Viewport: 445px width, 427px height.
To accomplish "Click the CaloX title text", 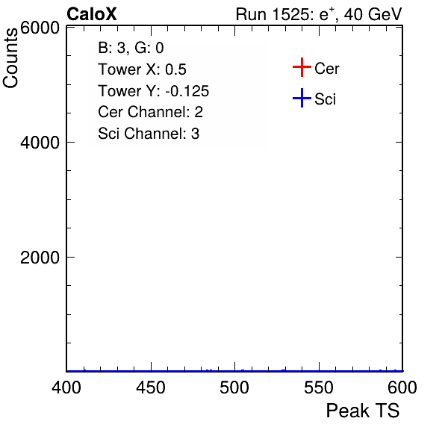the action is tap(91, 14).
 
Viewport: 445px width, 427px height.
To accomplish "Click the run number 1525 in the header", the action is tap(290, 14).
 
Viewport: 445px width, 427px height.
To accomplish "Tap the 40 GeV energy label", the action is tap(373, 14).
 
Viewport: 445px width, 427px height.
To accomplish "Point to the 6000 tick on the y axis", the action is tap(40, 28).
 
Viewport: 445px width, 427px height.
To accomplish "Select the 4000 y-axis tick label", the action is tap(40, 143).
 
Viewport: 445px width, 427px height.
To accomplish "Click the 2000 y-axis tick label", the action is tap(40, 258).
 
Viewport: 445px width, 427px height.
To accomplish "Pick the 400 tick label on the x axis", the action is tap(66, 387).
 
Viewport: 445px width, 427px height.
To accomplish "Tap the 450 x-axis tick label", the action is tap(151, 387).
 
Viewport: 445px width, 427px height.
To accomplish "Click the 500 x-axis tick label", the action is tap(234, 387).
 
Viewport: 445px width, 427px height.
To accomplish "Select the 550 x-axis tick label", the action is tap(319, 387).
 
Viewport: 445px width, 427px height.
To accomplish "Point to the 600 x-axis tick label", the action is tap(402, 387).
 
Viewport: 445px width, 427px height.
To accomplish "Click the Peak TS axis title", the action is tap(363, 411).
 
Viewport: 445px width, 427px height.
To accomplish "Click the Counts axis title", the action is tap(10, 58).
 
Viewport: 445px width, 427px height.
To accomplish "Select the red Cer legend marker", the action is tap(302, 67).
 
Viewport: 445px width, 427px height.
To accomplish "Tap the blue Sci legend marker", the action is tap(302, 98).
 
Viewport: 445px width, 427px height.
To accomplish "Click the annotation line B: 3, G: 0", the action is tap(131, 48).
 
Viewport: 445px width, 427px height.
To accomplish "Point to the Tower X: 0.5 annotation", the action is tap(142, 69).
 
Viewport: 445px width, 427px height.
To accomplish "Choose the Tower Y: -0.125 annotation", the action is tap(154, 91).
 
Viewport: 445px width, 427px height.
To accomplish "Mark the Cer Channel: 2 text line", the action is tap(150, 112).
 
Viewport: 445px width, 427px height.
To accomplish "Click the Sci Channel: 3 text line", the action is tap(149, 134).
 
